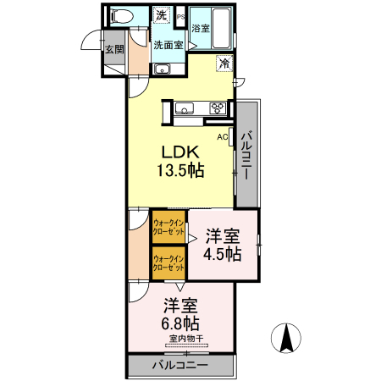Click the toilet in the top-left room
[x=123, y=15]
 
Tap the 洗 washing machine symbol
[x=162, y=15]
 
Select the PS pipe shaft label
[x=180, y=17]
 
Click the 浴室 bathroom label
[x=201, y=28]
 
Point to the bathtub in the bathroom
[x=221, y=28]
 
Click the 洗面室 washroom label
[x=168, y=45]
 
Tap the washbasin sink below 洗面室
[x=162, y=69]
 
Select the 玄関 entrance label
[x=114, y=49]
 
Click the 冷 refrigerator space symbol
[x=224, y=63]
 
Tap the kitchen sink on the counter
[x=185, y=108]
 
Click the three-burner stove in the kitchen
[x=218, y=108]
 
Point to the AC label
[x=223, y=137]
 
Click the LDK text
[x=180, y=152]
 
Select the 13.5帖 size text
[x=180, y=171]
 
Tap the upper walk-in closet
[x=168, y=227]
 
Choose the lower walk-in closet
[x=168, y=263]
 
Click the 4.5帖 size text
[x=223, y=254]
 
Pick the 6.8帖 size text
[x=180, y=323]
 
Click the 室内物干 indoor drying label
[x=186, y=339]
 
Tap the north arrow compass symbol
[x=286, y=338]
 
